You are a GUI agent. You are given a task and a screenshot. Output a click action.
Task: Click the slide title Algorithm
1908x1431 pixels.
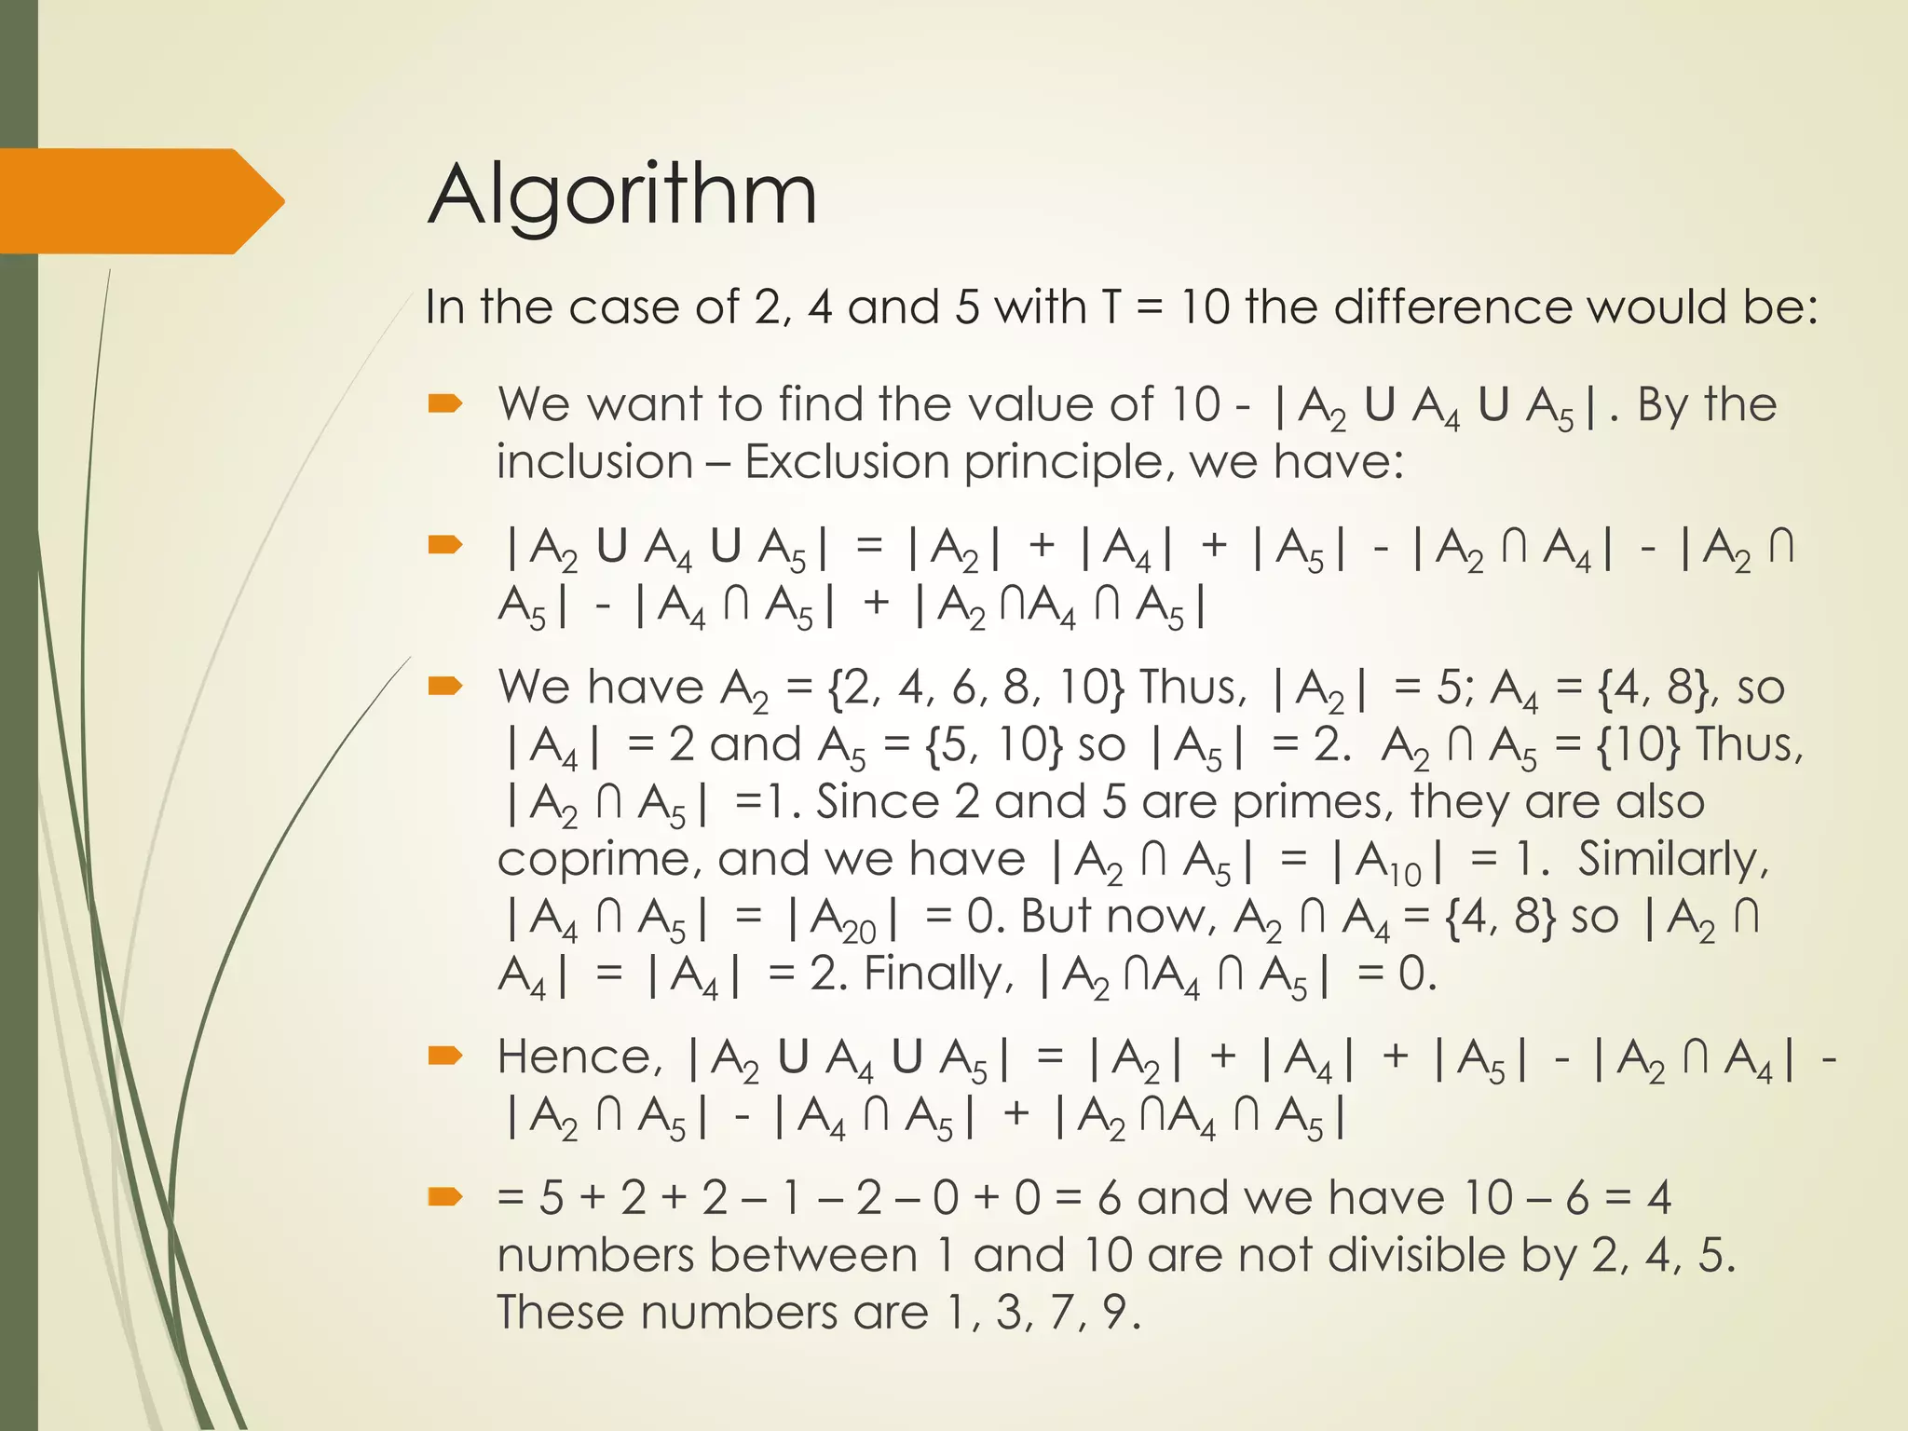point(621,196)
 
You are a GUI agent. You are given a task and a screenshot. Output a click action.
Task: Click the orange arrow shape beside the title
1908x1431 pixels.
point(140,201)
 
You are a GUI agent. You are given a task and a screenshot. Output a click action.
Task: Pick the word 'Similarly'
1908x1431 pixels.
point(1672,859)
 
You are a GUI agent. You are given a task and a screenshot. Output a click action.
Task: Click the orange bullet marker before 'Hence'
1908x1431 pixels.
point(445,1056)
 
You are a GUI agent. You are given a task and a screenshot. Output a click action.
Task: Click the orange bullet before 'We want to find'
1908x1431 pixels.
point(445,403)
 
